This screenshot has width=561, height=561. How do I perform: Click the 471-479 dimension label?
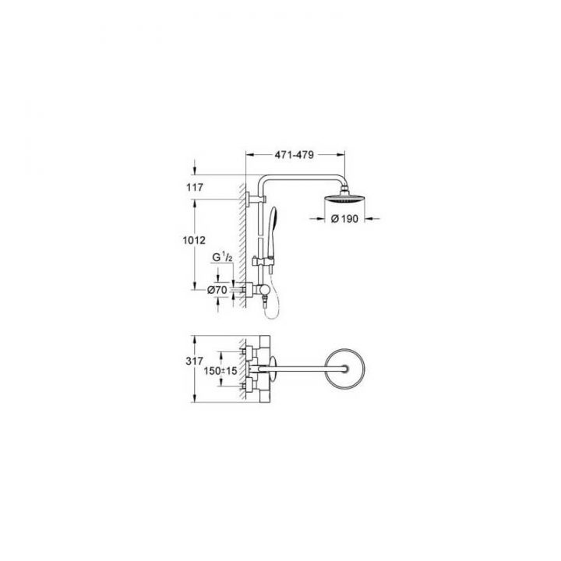coord(295,155)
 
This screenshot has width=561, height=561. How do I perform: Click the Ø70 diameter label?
coord(217,290)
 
